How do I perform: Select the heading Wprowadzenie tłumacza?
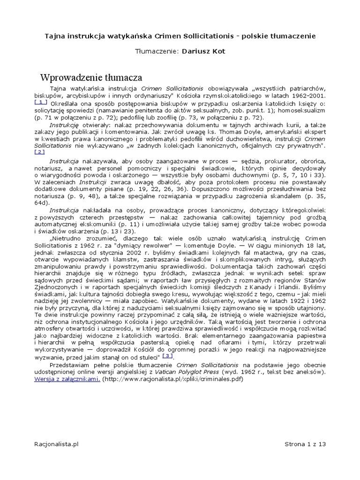(x=91, y=77)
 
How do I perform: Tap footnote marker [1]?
(x=41, y=102)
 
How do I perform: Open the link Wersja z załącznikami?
(x=67, y=379)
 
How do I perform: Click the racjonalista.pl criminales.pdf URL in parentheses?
(x=172, y=379)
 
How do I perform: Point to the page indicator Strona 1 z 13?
(x=305, y=443)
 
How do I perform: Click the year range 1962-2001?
(x=309, y=96)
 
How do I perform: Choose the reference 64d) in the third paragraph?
(x=41, y=202)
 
